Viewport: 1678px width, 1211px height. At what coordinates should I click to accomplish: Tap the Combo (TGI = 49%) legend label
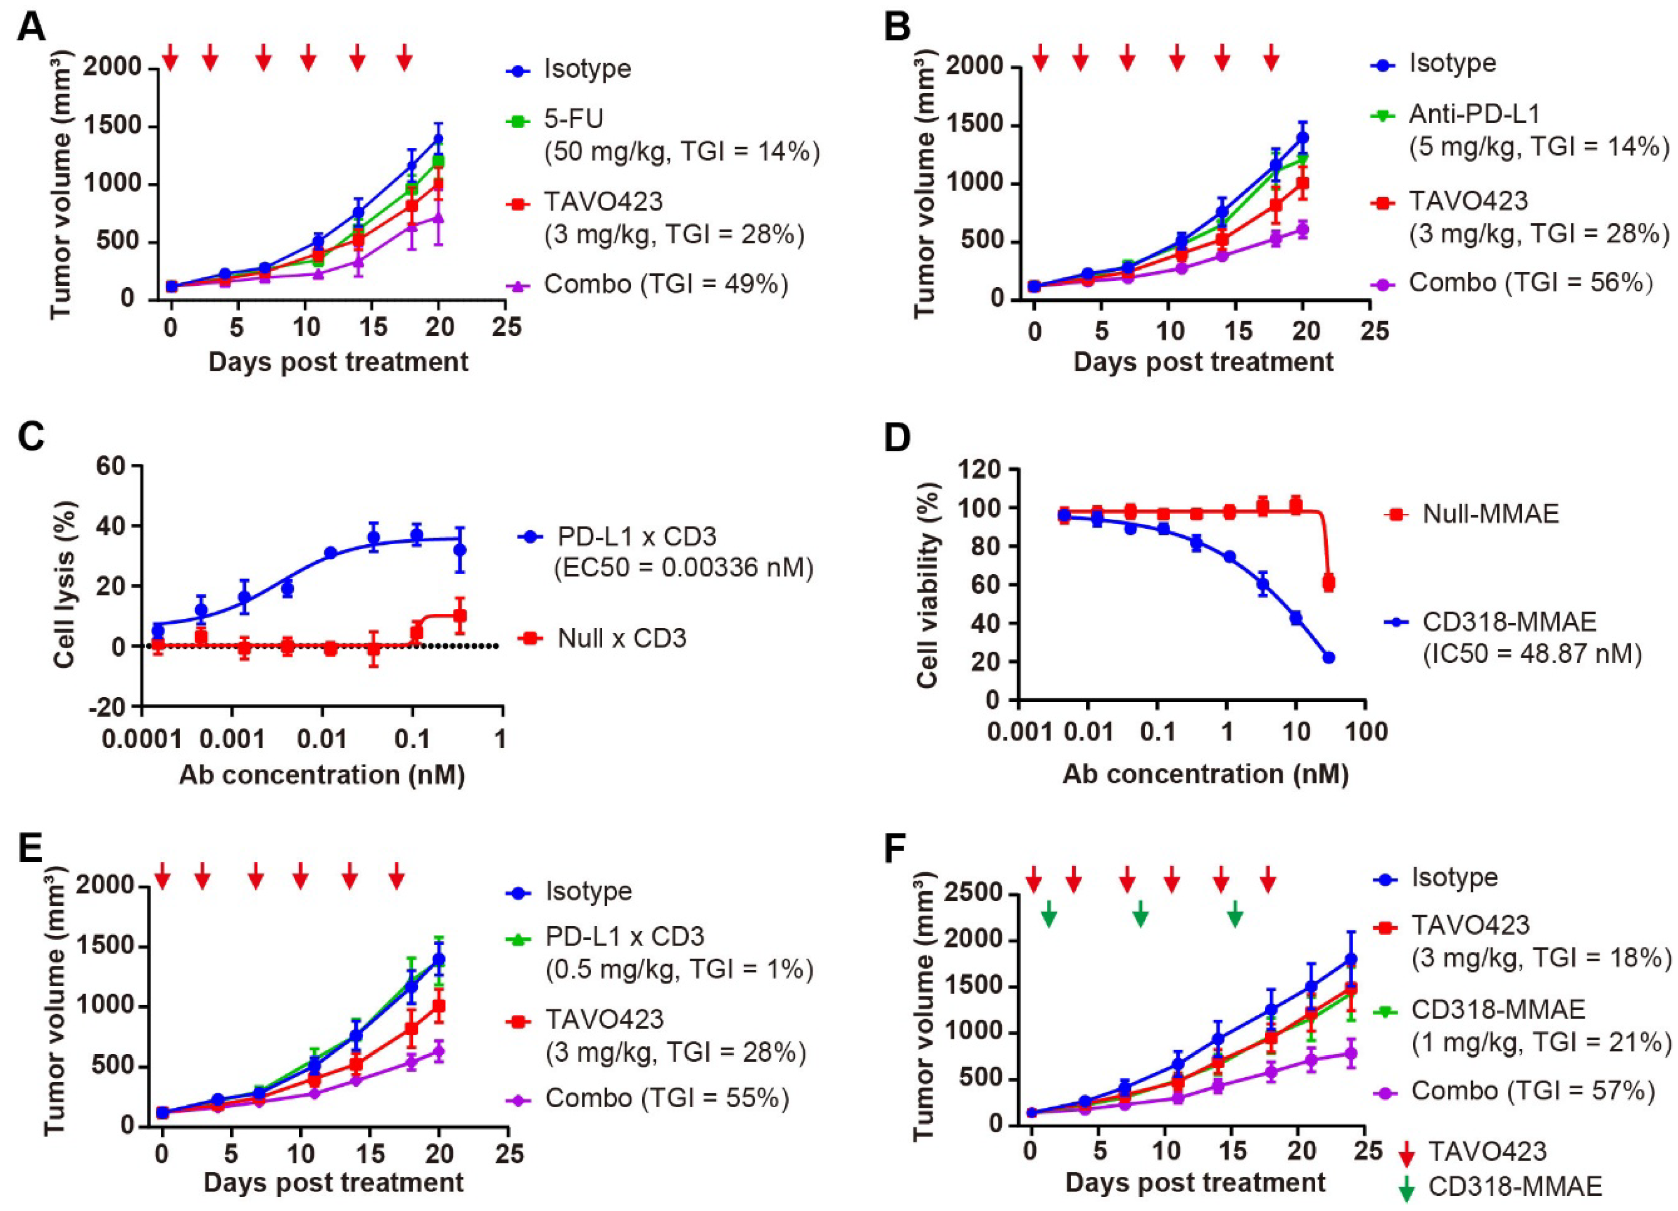tap(666, 283)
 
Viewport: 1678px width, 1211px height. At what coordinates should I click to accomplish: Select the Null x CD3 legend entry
tap(622, 638)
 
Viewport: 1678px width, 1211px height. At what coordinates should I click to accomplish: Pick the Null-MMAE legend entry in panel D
tap(1490, 513)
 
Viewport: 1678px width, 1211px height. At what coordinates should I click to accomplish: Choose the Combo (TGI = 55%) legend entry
tap(666, 1098)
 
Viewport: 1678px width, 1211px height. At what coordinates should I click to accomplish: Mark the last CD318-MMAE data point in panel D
tap(1328, 657)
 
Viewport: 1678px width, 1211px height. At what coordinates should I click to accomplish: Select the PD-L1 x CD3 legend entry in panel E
tap(625, 937)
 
